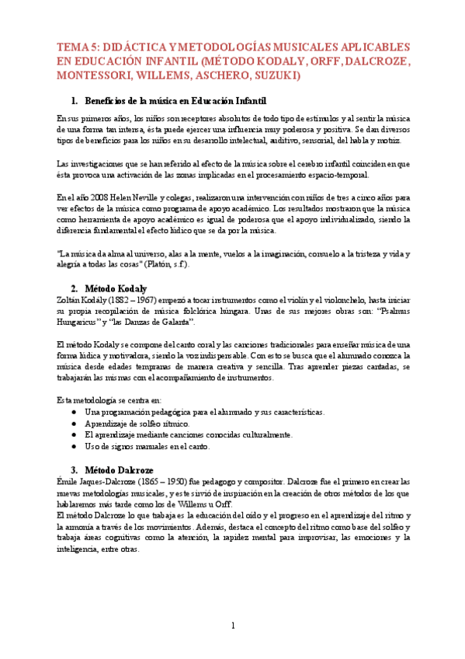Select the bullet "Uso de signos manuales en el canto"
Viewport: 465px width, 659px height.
click(147, 446)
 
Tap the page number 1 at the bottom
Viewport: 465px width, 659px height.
click(232, 626)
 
